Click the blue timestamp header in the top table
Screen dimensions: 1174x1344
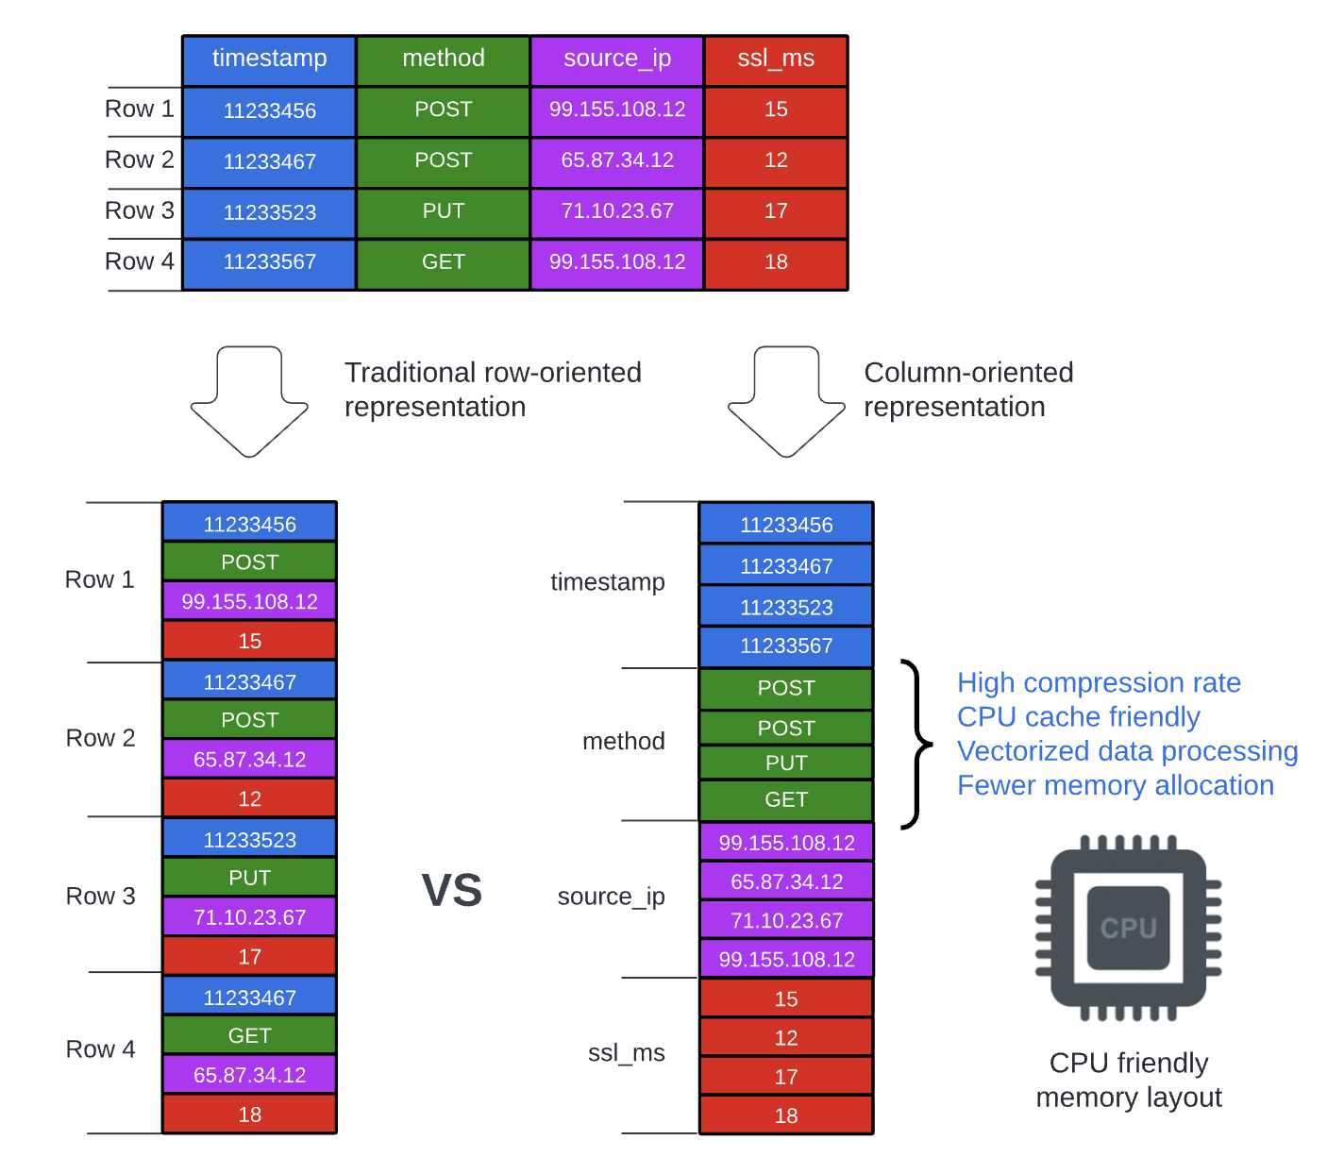(x=269, y=59)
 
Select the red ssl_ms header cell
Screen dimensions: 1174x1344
(x=776, y=59)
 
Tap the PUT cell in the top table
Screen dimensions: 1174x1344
(x=443, y=211)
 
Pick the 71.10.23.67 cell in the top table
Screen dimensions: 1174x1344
(x=617, y=211)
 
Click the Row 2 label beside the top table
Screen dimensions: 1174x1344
(x=140, y=159)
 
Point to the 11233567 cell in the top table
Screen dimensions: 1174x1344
(x=269, y=262)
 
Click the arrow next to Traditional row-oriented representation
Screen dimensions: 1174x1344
(x=249, y=401)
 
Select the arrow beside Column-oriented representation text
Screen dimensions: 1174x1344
(x=786, y=401)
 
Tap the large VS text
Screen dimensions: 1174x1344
(x=451, y=891)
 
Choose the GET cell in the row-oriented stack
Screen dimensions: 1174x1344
(x=249, y=1036)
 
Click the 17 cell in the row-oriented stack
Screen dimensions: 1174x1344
(x=249, y=957)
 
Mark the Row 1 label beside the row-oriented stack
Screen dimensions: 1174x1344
(x=99, y=579)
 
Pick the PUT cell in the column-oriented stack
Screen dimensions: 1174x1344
(x=786, y=763)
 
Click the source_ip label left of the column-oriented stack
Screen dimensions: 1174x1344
(x=611, y=897)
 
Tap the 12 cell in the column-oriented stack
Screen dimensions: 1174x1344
(x=786, y=1038)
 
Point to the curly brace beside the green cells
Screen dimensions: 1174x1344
(x=915, y=745)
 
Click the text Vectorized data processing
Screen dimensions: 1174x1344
(x=1127, y=751)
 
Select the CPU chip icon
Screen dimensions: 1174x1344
(x=1128, y=928)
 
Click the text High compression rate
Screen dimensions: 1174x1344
(x=1099, y=683)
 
